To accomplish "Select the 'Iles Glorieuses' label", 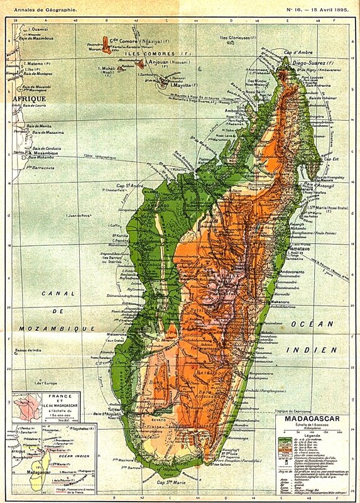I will point(237,38).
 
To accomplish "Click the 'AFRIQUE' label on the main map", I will point(28,99).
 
